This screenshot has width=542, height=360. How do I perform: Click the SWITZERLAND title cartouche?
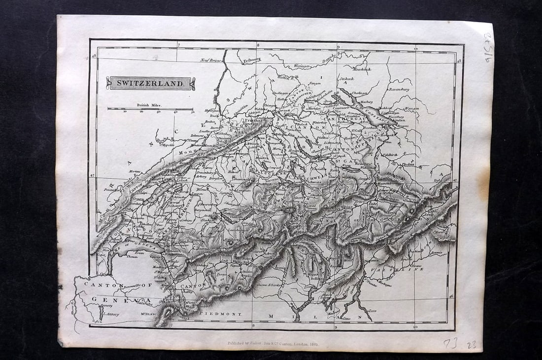(150, 83)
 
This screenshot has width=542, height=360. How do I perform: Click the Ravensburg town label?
(399, 90)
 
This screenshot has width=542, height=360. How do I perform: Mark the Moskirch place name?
(361, 69)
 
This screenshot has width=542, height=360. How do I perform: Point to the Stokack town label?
(346, 78)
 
